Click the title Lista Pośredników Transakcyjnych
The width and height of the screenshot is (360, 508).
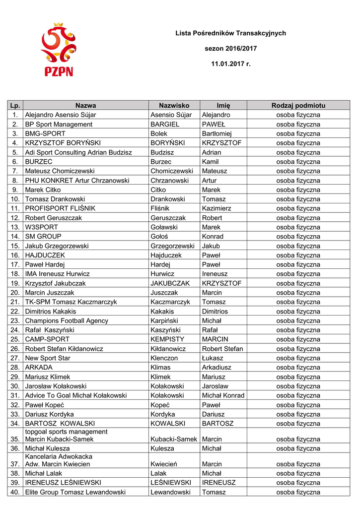pyautogui.click(x=231, y=33)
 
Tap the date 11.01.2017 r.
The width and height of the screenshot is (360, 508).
pyautogui.click(x=231, y=64)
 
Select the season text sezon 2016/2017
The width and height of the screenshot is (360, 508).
pyautogui.click(x=231, y=49)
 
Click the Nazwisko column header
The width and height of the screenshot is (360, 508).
pyautogui.click(x=174, y=106)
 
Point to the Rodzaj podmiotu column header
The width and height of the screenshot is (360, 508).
pyautogui.click(x=298, y=106)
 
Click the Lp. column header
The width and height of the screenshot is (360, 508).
pyautogui.click(x=15, y=106)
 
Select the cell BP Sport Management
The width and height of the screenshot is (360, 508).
pyautogui.click(x=59, y=125)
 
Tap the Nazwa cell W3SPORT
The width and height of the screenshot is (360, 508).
pyautogui.click(x=43, y=227)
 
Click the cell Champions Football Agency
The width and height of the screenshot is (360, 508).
pyautogui.click(x=67, y=321)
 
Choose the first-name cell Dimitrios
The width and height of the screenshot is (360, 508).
pyautogui.click(x=215, y=312)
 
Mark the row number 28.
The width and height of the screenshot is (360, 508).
pyautogui.click(x=15, y=368)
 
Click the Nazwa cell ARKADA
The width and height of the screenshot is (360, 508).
pyautogui.click(x=39, y=368)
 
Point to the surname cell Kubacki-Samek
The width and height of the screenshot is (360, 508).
pyautogui.click(x=174, y=439)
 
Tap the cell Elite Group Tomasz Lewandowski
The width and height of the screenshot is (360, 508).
pyautogui.click(x=75, y=492)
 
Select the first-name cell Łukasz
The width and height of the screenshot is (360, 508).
pyautogui.click(x=214, y=358)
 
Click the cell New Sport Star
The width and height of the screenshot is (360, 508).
pyautogui.click(x=48, y=358)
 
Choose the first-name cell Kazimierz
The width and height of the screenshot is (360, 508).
pyautogui.click(x=216, y=208)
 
